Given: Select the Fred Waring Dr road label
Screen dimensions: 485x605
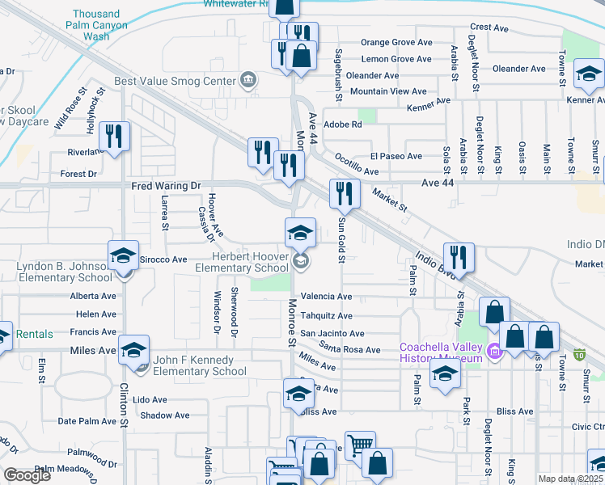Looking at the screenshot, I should (x=166, y=186).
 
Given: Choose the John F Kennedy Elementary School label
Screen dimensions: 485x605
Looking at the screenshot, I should (x=194, y=365).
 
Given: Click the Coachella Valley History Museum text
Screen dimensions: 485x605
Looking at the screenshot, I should (x=441, y=353).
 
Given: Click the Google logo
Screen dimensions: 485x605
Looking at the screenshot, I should (x=27, y=475).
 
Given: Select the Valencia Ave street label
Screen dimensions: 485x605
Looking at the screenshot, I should (x=326, y=297).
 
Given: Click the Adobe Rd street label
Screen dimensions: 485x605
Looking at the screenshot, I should (x=342, y=124).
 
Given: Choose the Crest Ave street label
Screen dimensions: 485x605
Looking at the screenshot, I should (x=489, y=27).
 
